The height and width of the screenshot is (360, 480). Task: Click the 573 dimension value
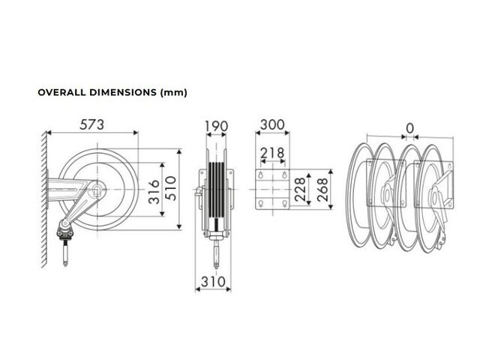click(91, 124)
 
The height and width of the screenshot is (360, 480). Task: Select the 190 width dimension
click(216, 126)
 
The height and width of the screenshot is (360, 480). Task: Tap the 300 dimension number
click(272, 125)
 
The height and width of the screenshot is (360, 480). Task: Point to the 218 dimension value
click(272, 153)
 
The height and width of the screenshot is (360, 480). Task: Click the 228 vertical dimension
click(301, 189)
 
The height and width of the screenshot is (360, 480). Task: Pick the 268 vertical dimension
click(322, 190)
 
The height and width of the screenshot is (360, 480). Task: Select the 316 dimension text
click(154, 192)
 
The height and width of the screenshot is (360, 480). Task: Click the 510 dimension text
click(171, 188)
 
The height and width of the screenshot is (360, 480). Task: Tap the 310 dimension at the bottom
click(213, 282)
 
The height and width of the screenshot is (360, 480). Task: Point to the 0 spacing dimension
click(410, 128)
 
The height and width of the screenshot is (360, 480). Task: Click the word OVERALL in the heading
click(61, 92)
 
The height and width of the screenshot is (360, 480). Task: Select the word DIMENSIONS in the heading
click(123, 92)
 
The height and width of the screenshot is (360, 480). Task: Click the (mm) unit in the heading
click(173, 92)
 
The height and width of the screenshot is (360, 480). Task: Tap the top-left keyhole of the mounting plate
click(261, 175)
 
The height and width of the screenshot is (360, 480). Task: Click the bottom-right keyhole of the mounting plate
click(284, 203)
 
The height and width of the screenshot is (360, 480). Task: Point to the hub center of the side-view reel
click(97, 190)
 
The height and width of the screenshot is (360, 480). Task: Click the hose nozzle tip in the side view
click(65, 265)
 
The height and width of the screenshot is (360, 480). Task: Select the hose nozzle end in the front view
click(216, 267)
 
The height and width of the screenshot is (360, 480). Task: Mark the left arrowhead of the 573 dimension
click(49, 133)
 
